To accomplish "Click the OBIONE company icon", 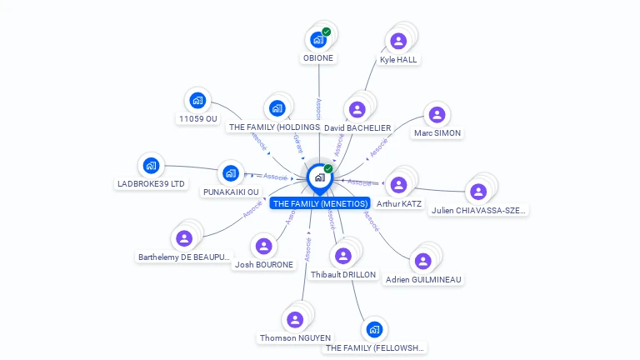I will coord(317,38).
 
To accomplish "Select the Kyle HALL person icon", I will coord(398,40).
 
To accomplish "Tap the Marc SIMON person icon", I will coord(437,114).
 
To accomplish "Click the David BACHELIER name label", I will coord(357,127).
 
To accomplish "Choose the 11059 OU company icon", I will coord(197,100).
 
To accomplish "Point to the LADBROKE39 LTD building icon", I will coord(151,165).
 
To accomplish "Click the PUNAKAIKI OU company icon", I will coord(230,173).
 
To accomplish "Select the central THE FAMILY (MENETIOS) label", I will coord(320,203).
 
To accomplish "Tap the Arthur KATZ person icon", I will coord(398,184).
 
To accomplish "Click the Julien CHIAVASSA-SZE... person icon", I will coord(477,192).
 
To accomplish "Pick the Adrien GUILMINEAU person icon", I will coord(422,261).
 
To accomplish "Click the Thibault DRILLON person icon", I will coord(342,256).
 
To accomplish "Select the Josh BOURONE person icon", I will coord(263,246).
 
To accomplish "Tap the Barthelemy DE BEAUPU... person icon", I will coord(184,238).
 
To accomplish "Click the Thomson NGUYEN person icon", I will coord(294,319).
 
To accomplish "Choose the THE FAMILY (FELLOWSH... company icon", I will coord(374,329).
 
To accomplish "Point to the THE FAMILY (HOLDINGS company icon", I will coord(277,108).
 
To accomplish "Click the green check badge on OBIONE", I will coord(327,32).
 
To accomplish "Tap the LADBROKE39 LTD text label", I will coord(152,183).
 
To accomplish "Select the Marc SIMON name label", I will coord(437,132).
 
